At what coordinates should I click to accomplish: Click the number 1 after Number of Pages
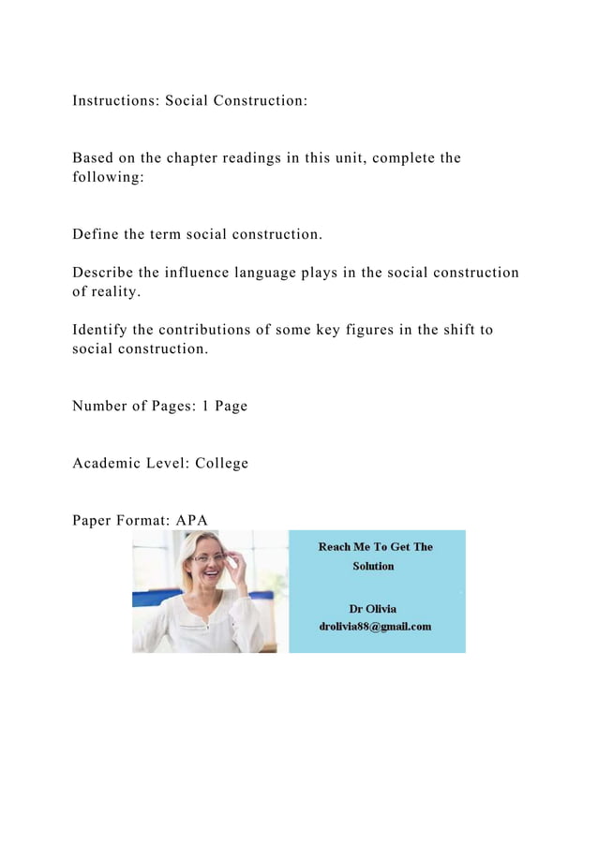pyautogui.click(x=206, y=407)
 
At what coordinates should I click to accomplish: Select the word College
pyautogui.click(x=222, y=464)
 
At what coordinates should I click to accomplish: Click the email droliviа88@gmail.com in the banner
pyautogui.click(x=376, y=627)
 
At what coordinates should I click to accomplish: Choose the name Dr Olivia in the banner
pyautogui.click(x=373, y=609)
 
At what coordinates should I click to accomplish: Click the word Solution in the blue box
pyautogui.click(x=373, y=567)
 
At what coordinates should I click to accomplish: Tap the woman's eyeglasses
pyautogui.click(x=207, y=558)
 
